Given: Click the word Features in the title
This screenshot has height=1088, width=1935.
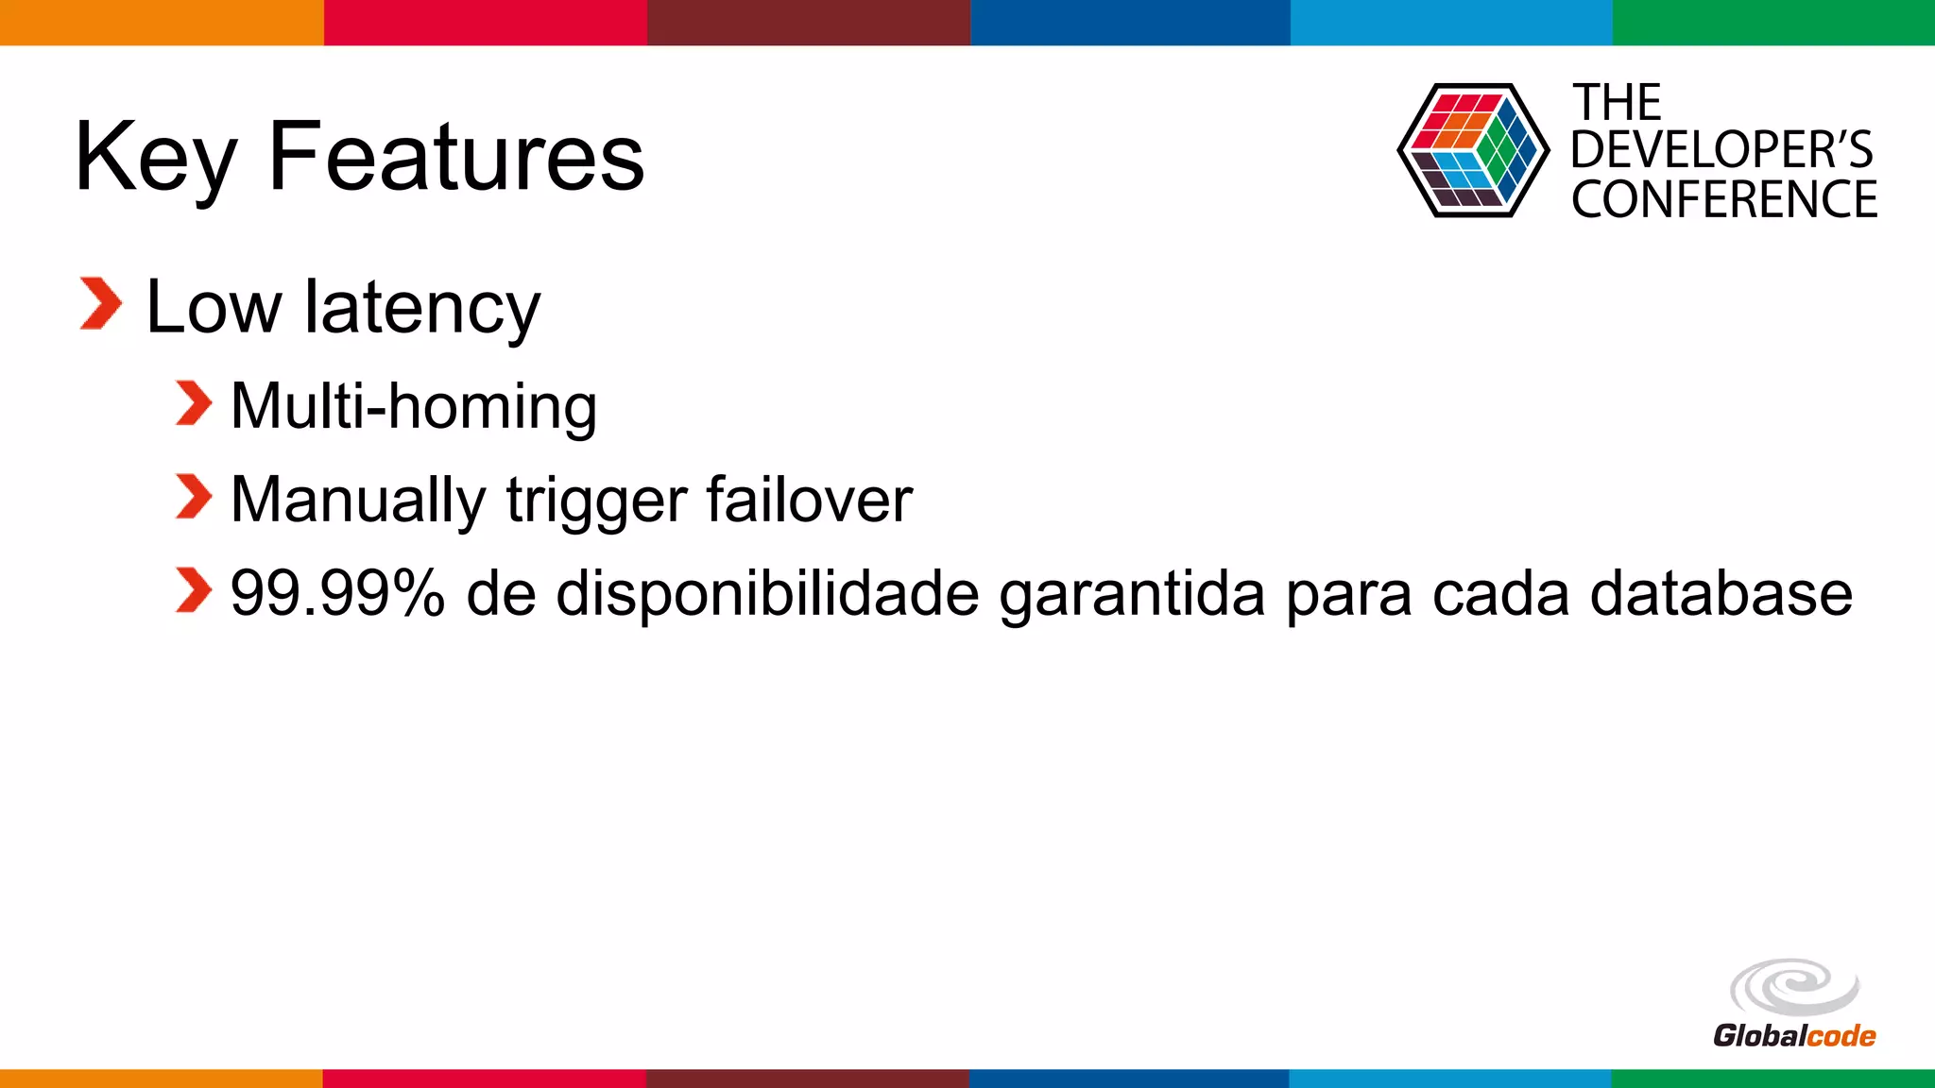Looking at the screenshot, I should coord(455,157).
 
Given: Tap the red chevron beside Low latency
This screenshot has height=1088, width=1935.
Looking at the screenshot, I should coord(101,304).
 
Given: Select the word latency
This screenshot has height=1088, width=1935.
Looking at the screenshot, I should coord(421,308).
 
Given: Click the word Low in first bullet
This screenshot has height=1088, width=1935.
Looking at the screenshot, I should coord(214,308).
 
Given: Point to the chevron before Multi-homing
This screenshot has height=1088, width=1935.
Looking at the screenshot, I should coord(194,404).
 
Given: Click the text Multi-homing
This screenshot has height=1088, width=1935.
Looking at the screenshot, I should coord(414,406).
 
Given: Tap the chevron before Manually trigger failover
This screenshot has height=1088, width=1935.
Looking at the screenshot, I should coord(194,498).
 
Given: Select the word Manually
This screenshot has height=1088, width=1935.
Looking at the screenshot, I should coord(357,501).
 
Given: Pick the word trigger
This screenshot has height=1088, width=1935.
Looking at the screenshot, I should coord(596,501).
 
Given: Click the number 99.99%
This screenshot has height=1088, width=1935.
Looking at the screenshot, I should coord(337,594).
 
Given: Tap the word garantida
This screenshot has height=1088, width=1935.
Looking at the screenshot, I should coord(1132,596).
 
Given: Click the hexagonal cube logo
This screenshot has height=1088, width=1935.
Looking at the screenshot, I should coord(1472,151).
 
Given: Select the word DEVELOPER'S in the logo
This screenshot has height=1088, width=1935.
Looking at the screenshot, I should coord(1721,150).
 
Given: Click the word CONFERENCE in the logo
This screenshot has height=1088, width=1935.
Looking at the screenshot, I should coord(1723,199).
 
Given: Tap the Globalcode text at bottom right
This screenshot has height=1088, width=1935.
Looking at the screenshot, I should coord(1793,1036).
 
